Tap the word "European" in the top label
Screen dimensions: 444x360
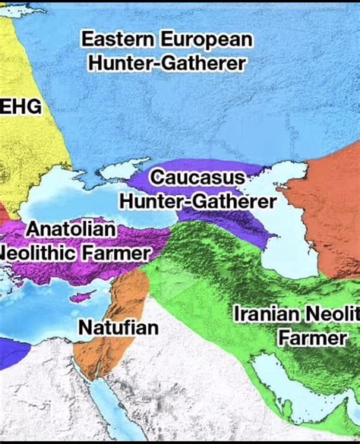(206, 39)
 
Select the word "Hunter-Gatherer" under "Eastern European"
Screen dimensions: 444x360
(166, 64)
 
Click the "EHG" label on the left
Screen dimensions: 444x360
(21, 107)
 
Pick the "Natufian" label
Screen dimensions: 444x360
(118, 328)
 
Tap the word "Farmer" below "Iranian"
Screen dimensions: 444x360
(313, 338)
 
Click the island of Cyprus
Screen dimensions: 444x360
(85, 295)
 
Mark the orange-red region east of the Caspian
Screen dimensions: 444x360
(327, 205)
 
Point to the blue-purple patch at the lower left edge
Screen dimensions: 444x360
(14, 353)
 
